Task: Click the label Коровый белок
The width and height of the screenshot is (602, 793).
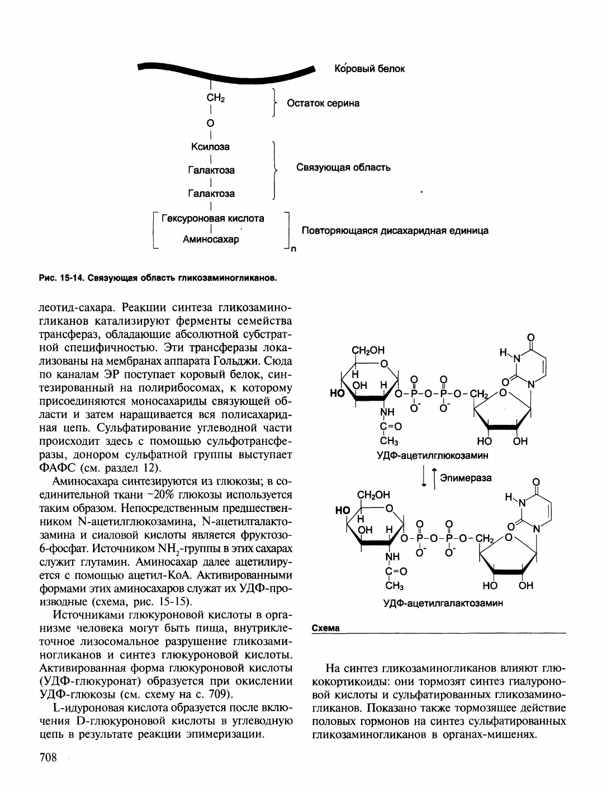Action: click(x=369, y=69)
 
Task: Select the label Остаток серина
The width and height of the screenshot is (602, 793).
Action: click(x=323, y=103)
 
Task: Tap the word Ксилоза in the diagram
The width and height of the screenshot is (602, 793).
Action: click(x=211, y=147)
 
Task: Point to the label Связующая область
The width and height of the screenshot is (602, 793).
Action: click(x=343, y=167)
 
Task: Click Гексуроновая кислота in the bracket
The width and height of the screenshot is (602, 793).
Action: click(x=212, y=218)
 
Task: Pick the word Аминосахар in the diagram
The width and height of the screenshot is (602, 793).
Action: click(x=211, y=240)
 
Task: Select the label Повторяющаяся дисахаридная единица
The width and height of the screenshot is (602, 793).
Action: click(x=395, y=230)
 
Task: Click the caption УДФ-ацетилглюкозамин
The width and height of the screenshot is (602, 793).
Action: click(x=433, y=455)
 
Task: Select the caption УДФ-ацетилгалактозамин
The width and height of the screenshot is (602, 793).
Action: click(x=443, y=603)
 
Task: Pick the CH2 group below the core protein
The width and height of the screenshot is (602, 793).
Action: click(x=215, y=98)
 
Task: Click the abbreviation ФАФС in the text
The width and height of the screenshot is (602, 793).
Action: click(x=58, y=467)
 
